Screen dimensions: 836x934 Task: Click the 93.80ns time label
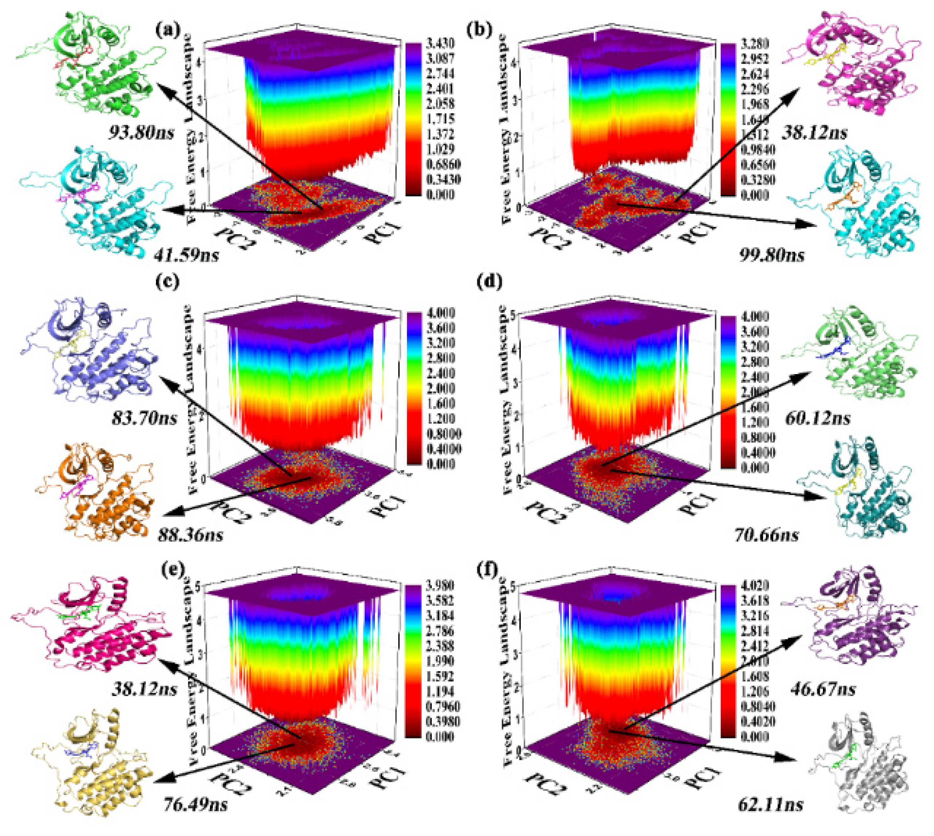click(141, 133)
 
